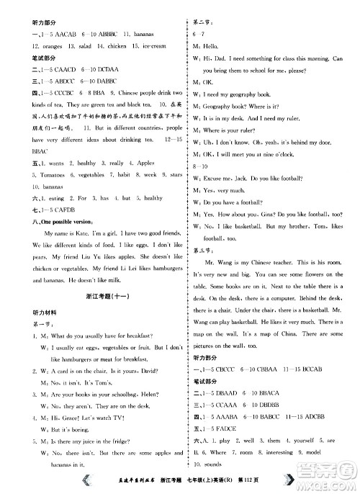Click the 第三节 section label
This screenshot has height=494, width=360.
202,251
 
